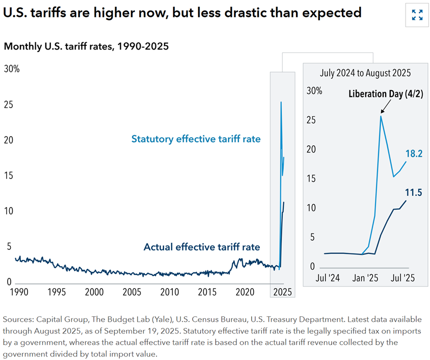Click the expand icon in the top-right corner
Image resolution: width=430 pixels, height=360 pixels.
coord(417,14)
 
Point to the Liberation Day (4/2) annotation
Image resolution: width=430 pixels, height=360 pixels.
coord(385,94)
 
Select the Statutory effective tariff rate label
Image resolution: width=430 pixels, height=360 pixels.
coord(196,139)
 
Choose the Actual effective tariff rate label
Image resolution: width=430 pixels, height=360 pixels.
coord(202,247)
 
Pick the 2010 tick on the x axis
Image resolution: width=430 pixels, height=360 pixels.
coord(170,293)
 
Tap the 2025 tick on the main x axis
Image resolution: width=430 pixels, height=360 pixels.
coord(282,293)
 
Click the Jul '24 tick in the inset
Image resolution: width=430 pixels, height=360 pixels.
coord(328,278)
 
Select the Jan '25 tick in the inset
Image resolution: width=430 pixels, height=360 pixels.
coord(365,278)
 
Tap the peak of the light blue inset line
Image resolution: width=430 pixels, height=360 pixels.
coord(381,116)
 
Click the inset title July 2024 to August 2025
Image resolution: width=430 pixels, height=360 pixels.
coord(365,72)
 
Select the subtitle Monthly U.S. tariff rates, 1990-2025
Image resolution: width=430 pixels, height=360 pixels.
coord(86,46)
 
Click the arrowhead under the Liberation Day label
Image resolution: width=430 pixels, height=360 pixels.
coord(382,112)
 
